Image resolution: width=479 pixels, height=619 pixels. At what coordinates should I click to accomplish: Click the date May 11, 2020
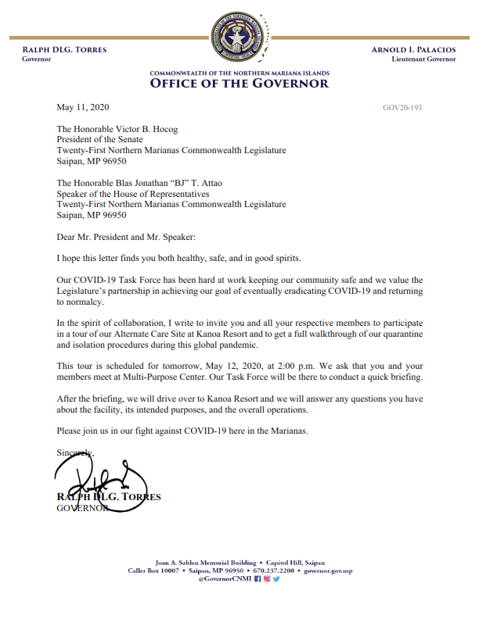[84, 107]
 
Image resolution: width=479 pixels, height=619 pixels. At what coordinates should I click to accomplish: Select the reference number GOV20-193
[402, 108]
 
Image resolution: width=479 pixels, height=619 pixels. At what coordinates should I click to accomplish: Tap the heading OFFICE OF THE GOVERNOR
[239, 84]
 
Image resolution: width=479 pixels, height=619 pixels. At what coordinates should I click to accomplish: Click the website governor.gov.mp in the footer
[328, 571]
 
